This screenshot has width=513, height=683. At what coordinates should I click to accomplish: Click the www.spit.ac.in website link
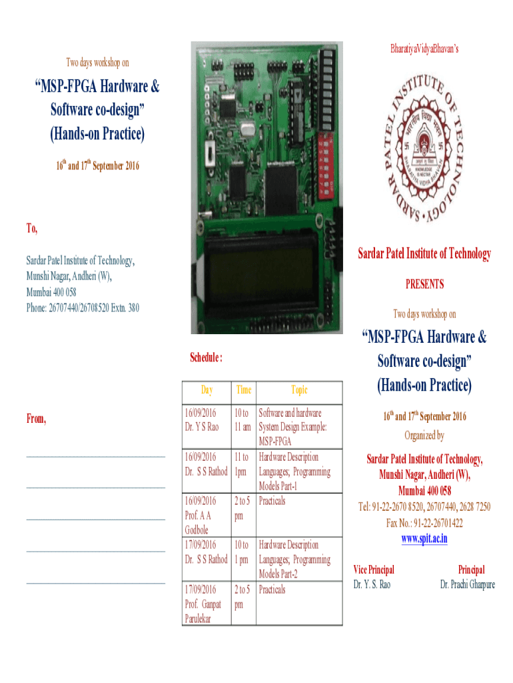[x=424, y=539]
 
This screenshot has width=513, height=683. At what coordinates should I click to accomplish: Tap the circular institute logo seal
[x=424, y=148]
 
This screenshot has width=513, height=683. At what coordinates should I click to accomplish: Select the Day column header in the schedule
[x=207, y=390]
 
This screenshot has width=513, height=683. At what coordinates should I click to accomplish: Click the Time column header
[x=244, y=390]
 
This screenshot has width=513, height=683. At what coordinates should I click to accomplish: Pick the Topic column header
[x=299, y=390]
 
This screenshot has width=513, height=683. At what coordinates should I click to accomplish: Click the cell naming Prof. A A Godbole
[x=207, y=515]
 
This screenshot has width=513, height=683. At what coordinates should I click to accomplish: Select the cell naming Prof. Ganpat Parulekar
[x=207, y=604]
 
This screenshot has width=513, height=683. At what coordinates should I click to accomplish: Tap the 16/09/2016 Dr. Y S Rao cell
[x=207, y=427]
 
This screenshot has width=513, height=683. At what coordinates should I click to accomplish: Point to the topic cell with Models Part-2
[x=299, y=559]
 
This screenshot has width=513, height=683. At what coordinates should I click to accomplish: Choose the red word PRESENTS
[x=424, y=284]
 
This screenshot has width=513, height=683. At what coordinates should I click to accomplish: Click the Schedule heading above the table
[x=207, y=358]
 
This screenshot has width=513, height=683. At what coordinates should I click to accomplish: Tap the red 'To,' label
[x=32, y=228]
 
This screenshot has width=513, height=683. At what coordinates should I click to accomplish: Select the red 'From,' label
[x=36, y=419]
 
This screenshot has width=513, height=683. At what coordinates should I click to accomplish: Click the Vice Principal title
[x=374, y=570]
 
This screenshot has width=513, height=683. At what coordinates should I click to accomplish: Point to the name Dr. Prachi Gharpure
[x=467, y=584]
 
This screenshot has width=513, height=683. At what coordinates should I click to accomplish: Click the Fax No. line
[x=424, y=523]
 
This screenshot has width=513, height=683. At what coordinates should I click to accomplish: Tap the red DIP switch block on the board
[x=326, y=165]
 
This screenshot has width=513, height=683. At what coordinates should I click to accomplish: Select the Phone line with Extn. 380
[x=83, y=308]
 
